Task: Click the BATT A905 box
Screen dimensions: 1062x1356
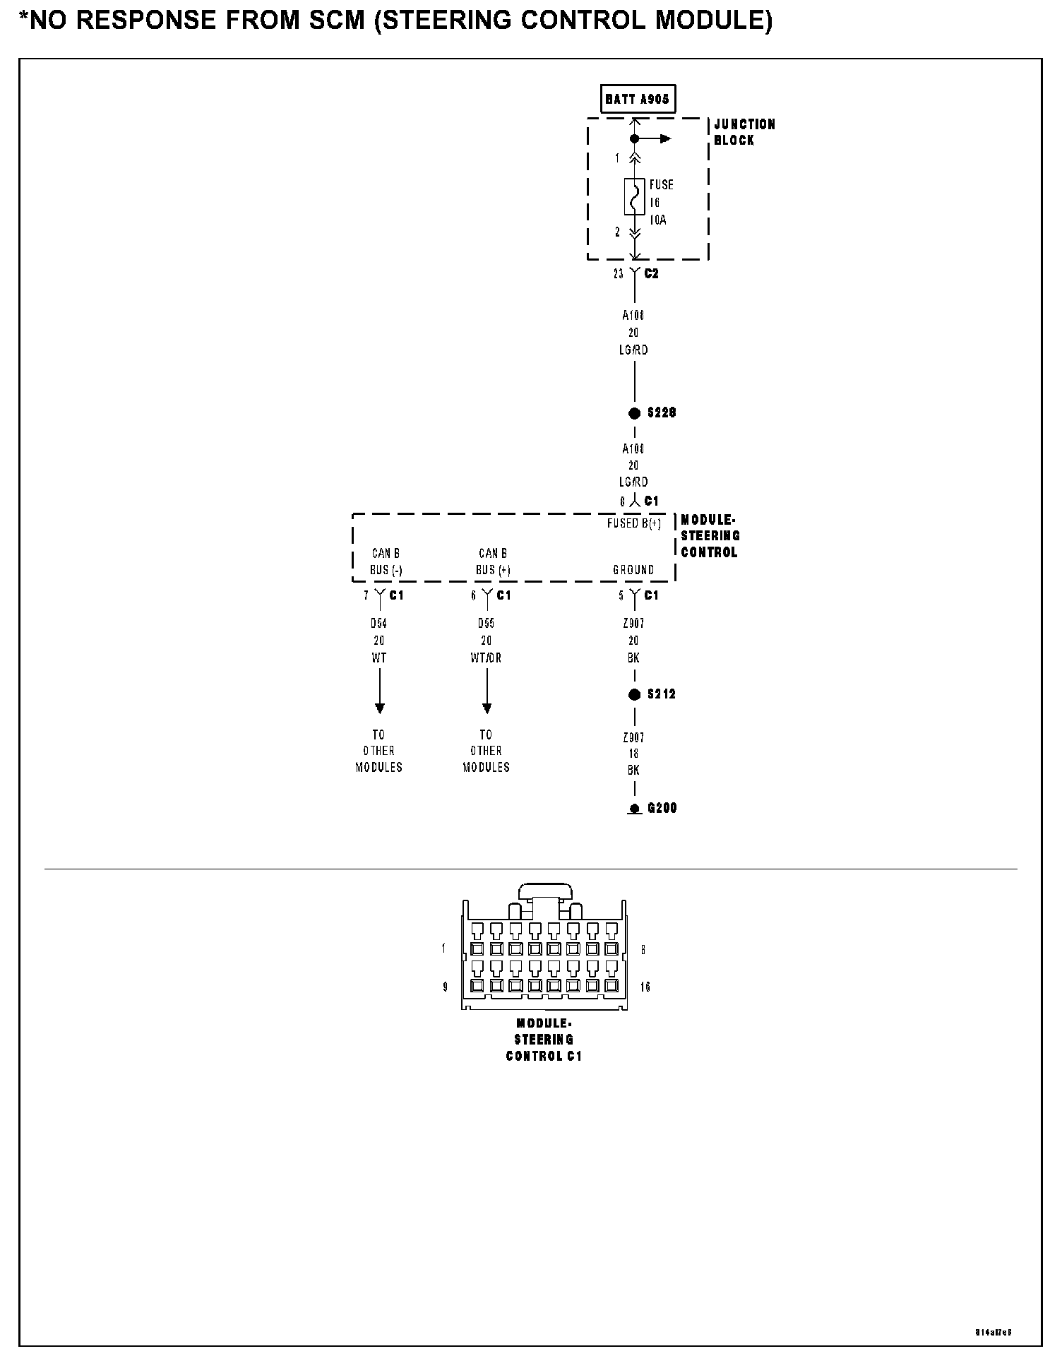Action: coord(636,99)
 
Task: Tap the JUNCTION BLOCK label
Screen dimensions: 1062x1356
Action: coord(744,132)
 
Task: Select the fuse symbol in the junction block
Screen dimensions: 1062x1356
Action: coord(634,196)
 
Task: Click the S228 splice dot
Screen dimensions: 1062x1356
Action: coord(634,413)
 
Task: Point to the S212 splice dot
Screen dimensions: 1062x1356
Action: coord(634,694)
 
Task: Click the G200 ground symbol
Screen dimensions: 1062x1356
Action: coord(634,809)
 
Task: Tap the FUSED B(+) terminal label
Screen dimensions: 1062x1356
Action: coord(634,524)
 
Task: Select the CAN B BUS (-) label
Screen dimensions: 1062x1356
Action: coord(386,561)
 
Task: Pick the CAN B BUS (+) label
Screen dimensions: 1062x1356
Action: coord(493,561)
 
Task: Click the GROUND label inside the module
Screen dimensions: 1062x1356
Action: coord(633,570)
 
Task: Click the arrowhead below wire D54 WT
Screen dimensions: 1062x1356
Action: coord(380,708)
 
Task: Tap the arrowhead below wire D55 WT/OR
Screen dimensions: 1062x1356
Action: coord(487,708)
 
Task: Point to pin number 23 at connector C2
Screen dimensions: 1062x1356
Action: coord(619,274)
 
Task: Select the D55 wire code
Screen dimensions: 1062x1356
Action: coord(487,624)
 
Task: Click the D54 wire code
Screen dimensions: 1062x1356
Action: coord(379,624)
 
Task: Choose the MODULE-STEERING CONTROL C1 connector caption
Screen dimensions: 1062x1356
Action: coord(544,1040)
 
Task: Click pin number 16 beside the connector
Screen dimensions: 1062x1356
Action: coord(645,987)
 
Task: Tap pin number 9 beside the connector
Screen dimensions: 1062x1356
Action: coord(445,987)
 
